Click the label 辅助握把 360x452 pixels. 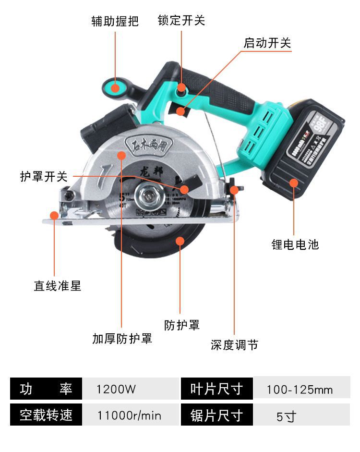click(x=115, y=21)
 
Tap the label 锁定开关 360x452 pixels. click(x=181, y=20)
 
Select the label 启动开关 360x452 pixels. click(x=267, y=43)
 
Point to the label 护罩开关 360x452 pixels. click(x=44, y=177)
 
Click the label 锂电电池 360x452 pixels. click(x=295, y=244)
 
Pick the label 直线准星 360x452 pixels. click(x=57, y=286)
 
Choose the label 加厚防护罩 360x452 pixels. click(x=122, y=338)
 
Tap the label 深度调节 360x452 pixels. click(x=234, y=345)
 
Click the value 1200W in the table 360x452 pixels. click(x=116, y=389)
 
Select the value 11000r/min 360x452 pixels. click(x=129, y=415)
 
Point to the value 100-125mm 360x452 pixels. click(x=300, y=390)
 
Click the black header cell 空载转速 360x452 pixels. click(x=46, y=415)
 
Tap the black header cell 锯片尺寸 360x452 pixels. click(x=216, y=415)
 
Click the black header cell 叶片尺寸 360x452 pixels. click(x=216, y=389)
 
